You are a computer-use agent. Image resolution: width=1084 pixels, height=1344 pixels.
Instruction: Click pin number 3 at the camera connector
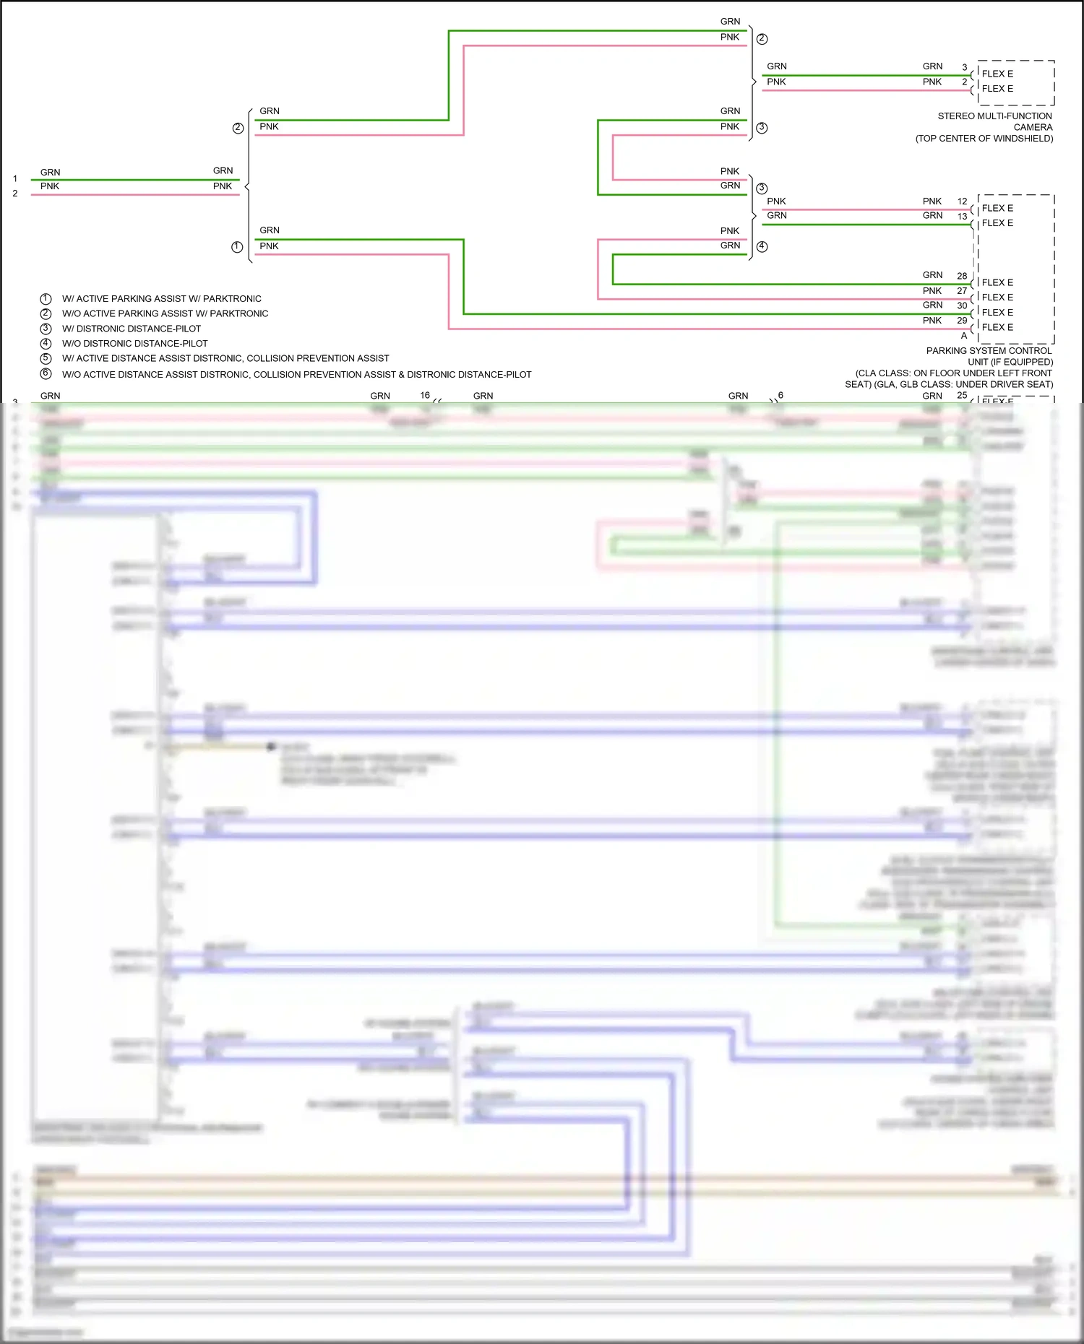[x=964, y=67]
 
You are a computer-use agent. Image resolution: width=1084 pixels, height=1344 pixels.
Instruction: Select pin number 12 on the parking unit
[x=962, y=201]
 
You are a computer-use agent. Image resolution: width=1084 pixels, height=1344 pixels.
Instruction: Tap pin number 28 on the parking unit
[x=962, y=276]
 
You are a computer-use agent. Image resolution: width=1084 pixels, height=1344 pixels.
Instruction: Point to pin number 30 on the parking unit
[x=962, y=305]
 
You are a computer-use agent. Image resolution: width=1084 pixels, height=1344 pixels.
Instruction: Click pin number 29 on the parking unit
[x=962, y=321]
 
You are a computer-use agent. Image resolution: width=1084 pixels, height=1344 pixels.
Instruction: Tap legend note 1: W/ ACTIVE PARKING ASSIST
[x=161, y=299]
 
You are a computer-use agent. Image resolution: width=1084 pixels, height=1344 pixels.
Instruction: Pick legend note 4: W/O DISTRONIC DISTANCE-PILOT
[x=134, y=344]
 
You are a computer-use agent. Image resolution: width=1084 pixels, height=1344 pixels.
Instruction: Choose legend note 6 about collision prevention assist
[x=296, y=375]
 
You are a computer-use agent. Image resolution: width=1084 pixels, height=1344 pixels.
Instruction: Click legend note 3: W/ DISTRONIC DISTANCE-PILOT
[x=131, y=329]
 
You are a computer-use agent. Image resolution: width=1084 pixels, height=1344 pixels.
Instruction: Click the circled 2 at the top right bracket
[x=762, y=39]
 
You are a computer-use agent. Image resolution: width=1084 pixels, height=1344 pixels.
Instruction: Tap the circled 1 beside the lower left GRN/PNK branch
[x=237, y=247]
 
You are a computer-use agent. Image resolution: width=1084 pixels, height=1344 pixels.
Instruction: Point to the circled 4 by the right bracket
[x=762, y=246]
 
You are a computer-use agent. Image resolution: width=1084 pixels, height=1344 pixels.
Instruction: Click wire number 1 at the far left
[x=14, y=178]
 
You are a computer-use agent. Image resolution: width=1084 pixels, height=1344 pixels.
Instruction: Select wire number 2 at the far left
[x=14, y=194]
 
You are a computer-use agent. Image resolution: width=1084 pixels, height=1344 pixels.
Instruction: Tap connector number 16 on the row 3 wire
[x=425, y=395]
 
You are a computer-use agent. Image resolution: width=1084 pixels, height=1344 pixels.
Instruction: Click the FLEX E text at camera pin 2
[x=997, y=89]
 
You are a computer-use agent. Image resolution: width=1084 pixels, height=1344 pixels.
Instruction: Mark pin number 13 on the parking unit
[x=962, y=217]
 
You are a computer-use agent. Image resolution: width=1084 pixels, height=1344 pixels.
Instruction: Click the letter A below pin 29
[x=963, y=336]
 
